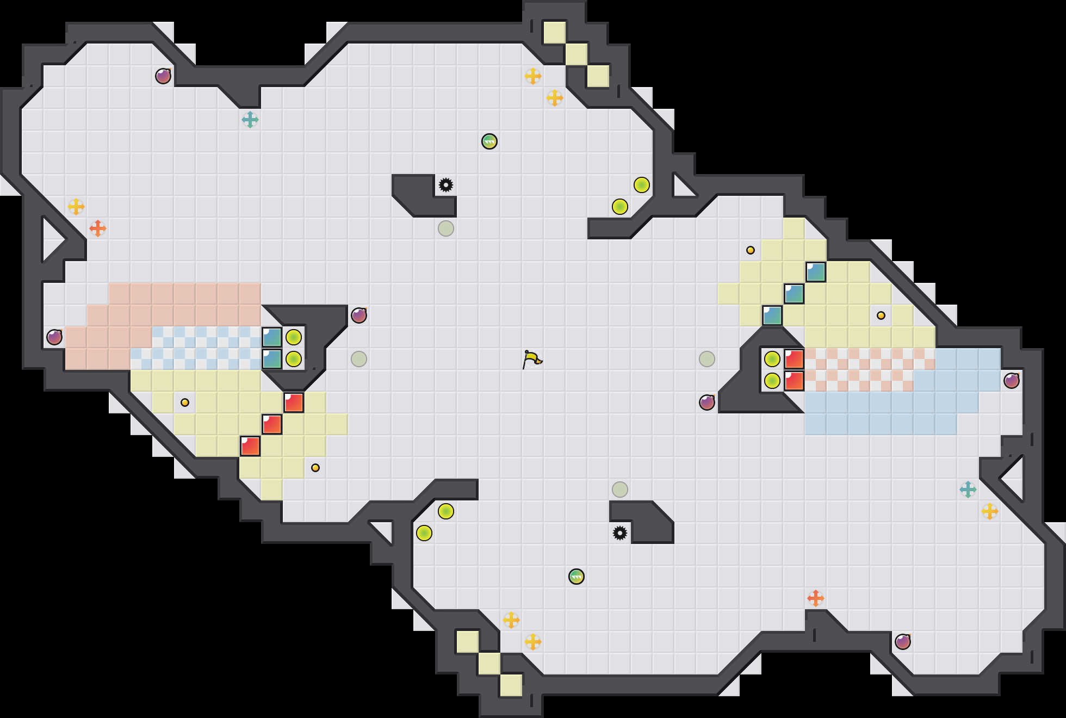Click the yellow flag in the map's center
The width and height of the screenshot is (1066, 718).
[532, 359]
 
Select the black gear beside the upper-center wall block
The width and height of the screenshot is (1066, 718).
[446, 185]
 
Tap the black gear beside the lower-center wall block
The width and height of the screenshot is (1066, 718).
[620, 533]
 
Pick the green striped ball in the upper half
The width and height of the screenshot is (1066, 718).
[489, 141]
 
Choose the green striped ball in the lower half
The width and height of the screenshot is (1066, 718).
[577, 577]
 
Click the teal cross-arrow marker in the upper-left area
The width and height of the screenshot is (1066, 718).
[250, 120]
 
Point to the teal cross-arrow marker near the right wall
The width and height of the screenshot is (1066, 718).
[968, 490]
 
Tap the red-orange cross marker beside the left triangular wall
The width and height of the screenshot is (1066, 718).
[98, 228]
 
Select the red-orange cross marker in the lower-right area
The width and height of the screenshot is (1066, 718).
[816, 598]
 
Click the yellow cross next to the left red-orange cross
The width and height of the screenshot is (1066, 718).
[76, 207]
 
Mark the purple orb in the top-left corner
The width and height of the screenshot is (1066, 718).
[163, 76]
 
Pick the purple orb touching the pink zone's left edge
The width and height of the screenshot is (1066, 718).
[54, 337]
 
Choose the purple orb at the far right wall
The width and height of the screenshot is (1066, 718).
[1012, 381]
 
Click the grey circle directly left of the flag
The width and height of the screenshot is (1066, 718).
[359, 359]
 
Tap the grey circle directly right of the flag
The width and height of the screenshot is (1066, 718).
[707, 359]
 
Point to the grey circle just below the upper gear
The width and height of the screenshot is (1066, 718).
[446, 228]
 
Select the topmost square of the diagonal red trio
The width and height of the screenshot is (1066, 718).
[294, 403]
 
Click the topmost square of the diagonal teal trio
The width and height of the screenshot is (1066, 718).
[816, 272]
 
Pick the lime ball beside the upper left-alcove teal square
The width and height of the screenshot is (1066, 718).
[294, 337]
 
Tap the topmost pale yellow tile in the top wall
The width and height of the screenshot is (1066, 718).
[555, 33]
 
